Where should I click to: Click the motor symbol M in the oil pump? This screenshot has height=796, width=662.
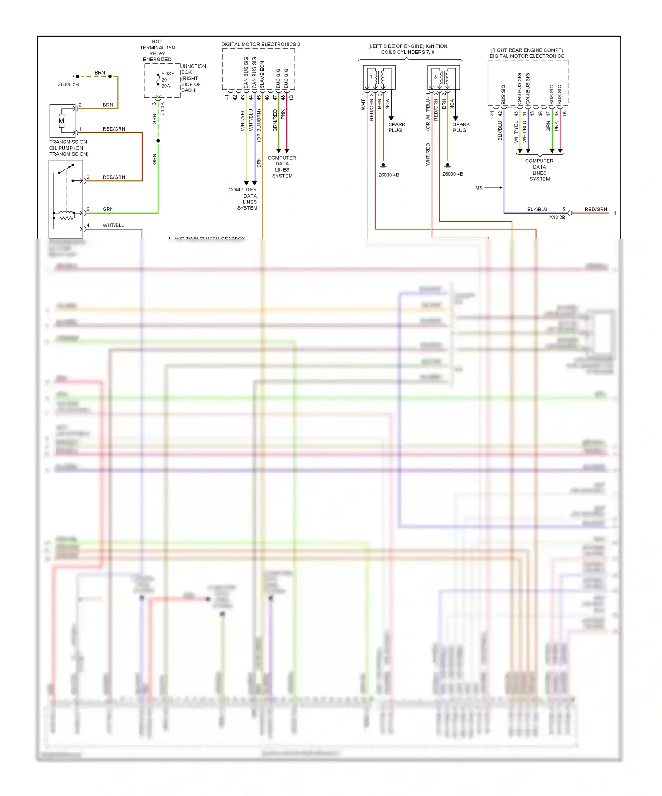point(61,121)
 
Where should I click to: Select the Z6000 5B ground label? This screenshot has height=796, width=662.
point(68,84)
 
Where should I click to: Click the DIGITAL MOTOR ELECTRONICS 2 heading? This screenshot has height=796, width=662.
point(260,45)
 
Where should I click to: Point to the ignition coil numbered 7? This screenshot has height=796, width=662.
point(379,77)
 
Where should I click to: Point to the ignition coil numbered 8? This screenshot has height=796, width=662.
point(443,77)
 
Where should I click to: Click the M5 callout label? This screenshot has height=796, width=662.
point(478,188)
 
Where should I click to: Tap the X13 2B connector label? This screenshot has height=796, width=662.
point(557,218)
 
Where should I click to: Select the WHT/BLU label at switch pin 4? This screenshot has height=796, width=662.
point(113,225)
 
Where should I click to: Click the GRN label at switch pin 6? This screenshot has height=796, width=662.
point(108,210)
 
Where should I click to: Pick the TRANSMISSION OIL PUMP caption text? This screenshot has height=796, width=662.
point(68,148)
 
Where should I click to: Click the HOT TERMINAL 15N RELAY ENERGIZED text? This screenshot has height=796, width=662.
point(157,50)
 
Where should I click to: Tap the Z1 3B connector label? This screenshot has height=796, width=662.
point(162,109)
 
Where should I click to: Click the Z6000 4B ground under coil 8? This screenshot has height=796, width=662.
point(452,174)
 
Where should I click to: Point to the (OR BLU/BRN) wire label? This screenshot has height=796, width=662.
point(259,126)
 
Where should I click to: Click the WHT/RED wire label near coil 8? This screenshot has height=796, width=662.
point(428,154)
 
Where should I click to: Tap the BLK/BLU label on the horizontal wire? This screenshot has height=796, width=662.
point(537,210)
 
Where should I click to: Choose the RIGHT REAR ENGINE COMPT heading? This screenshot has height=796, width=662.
point(527,50)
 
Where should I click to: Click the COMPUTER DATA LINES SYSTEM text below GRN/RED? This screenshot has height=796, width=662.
point(282,167)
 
